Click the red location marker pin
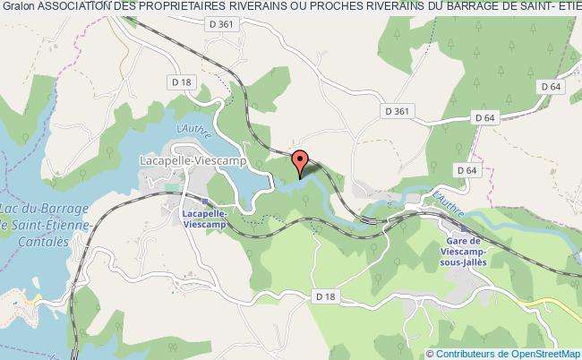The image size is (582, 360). tap(300, 162)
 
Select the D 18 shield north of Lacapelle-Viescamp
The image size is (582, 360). tap(181, 81)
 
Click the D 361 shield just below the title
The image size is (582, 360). tap(225, 24)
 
